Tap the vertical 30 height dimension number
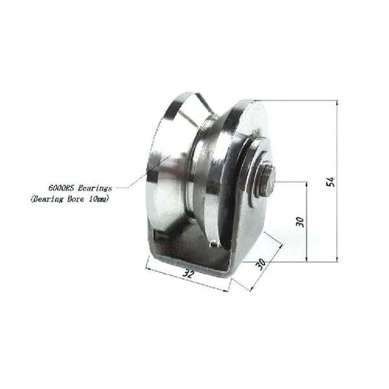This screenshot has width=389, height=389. click(x=300, y=221)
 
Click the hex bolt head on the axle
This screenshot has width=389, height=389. click(x=267, y=181)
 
